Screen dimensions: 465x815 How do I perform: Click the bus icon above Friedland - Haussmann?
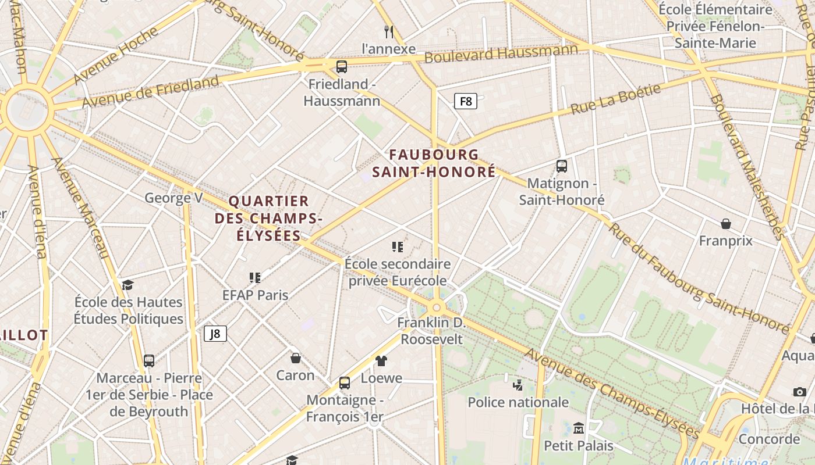coord(342,66)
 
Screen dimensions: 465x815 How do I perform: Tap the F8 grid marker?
coord(466,102)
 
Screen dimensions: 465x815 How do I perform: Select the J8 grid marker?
coord(215,333)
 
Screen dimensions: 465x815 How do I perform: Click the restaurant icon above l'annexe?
coord(389,31)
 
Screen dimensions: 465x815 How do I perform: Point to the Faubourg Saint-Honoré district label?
coord(434,163)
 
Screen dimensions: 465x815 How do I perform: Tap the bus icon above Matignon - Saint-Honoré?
coord(562,166)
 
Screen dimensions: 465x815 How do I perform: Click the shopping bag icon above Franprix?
coord(726,224)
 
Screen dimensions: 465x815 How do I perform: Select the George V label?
coord(173,198)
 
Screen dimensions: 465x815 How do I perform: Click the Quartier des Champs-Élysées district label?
coord(268,219)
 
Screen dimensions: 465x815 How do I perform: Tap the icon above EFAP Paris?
coord(255,278)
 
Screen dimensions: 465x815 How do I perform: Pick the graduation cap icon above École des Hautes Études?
coord(128,285)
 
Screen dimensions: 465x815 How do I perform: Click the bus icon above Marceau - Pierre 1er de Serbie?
coord(149,360)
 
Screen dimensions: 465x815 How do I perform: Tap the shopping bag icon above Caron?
coord(296,358)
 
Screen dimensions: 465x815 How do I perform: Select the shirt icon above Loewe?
coord(381,361)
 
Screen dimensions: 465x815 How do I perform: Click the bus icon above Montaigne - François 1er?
coord(345,382)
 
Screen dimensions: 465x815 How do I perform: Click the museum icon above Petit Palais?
coord(579,428)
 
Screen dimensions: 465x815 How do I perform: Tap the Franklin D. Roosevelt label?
coord(431,331)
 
